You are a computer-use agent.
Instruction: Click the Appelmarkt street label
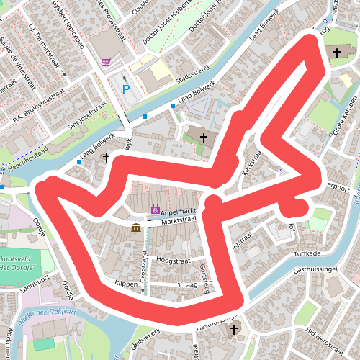coord(179,213)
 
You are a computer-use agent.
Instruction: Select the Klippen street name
coord(126,284)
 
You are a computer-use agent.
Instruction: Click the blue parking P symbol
coord(126,89)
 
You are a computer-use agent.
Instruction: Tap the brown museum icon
coord(136,228)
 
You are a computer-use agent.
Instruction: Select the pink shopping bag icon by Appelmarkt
coord(155,210)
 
